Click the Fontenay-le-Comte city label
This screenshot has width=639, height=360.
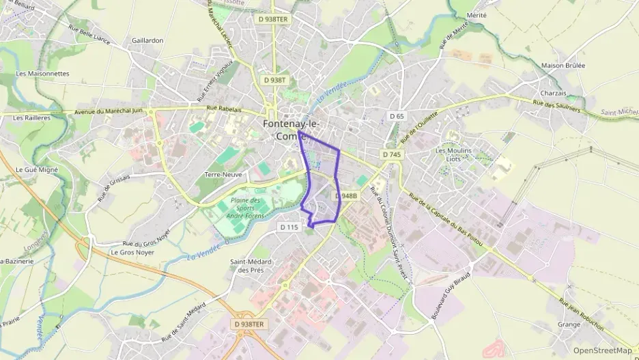point(290,130)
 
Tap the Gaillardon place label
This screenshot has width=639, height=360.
point(147,40)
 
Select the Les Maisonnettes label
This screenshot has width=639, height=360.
point(42,73)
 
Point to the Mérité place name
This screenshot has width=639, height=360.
point(477,15)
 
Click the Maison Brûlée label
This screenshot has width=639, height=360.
point(563,66)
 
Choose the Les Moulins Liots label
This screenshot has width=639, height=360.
point(453,154)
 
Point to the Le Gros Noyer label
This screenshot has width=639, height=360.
point(132,252)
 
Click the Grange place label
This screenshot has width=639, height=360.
point(569,324)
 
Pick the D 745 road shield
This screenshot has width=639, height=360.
point(392,155)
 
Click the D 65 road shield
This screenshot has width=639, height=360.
point(397,116)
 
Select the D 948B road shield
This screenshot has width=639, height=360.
point(346,196)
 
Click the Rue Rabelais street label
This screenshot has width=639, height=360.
point(225,108)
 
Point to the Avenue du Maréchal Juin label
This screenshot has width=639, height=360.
point(109,111)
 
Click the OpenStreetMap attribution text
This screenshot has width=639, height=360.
point(602,350)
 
